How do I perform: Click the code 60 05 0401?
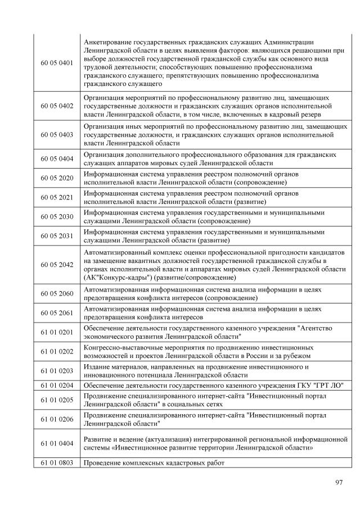(x=57, y=63)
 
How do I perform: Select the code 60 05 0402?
(x=57, y=107)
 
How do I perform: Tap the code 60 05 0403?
(x=57, y=135)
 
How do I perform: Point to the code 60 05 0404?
(x=57, y=159)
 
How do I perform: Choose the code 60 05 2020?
(x=57, y=178)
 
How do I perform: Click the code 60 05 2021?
(x=57, y=197)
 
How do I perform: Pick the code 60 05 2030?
(x=57, y=216)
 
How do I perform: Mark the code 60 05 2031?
(x=57, y=235)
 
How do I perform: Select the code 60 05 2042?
(x=57, y=265)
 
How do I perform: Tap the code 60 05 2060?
(x=57, y=293)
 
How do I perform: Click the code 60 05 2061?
(x=57, y=312)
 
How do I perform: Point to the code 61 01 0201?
(x=57, y=332)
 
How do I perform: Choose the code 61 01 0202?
(x=57, y=351)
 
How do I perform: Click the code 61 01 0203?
(x=57, y=370)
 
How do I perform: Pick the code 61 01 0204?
(x=57, y=385)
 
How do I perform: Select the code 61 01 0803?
(x=57, y=463)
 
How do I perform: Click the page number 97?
(x=339, y=482)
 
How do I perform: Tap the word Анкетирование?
(x=109, y=43)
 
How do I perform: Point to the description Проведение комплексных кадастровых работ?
(x=154, y=463)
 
